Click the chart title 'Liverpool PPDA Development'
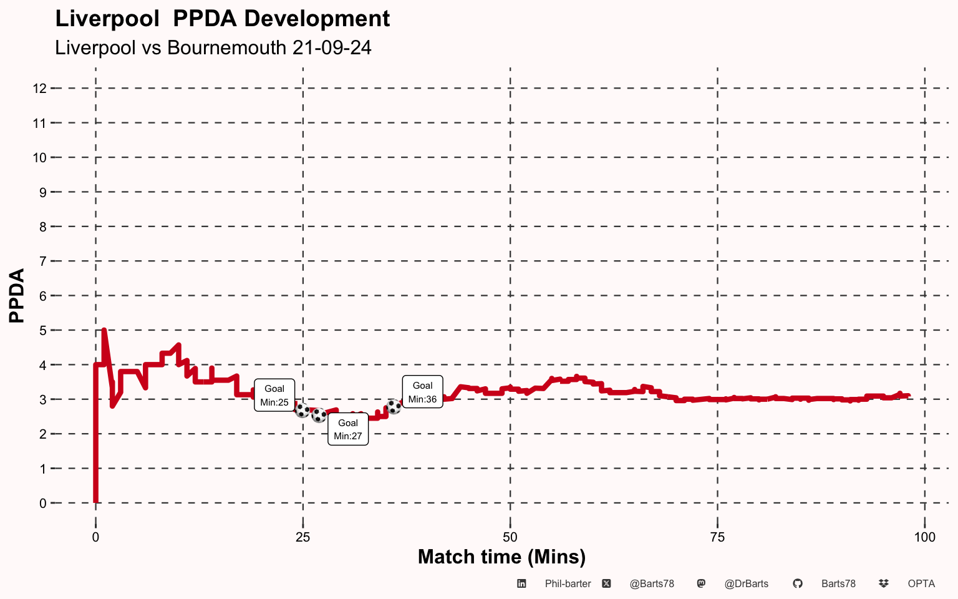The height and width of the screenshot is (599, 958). coord(223,19)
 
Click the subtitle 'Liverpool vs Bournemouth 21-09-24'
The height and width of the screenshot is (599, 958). coord(213,47)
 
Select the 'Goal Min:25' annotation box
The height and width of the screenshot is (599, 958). coord(274,395)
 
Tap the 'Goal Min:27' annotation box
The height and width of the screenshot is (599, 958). coord(347,429)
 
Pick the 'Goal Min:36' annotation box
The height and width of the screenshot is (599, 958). coord(422,392)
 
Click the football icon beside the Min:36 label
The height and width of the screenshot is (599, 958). coord(394,406)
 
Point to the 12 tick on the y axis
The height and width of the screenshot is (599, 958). coord(39,89)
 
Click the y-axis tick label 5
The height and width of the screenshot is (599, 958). coord(43,331)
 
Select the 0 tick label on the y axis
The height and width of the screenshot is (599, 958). coord(43,504)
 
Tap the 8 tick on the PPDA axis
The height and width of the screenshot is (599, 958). coord(43,226)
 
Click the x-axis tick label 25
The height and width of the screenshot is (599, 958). coord(302,537)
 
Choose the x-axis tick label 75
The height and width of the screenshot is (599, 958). coord(717,537)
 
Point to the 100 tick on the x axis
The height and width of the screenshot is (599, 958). coord(925,537)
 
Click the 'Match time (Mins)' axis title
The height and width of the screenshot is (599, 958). coord(501,557)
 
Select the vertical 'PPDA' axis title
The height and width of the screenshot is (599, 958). coord(17,296)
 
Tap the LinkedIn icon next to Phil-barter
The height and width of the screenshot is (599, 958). coord(521,583)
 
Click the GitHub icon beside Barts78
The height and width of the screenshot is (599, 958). coord(797,583)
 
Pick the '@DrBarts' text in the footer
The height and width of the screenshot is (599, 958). coord(747,584)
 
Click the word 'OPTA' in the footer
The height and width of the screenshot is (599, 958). coord(921,584)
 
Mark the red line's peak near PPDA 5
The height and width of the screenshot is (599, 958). coord(104,330)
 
